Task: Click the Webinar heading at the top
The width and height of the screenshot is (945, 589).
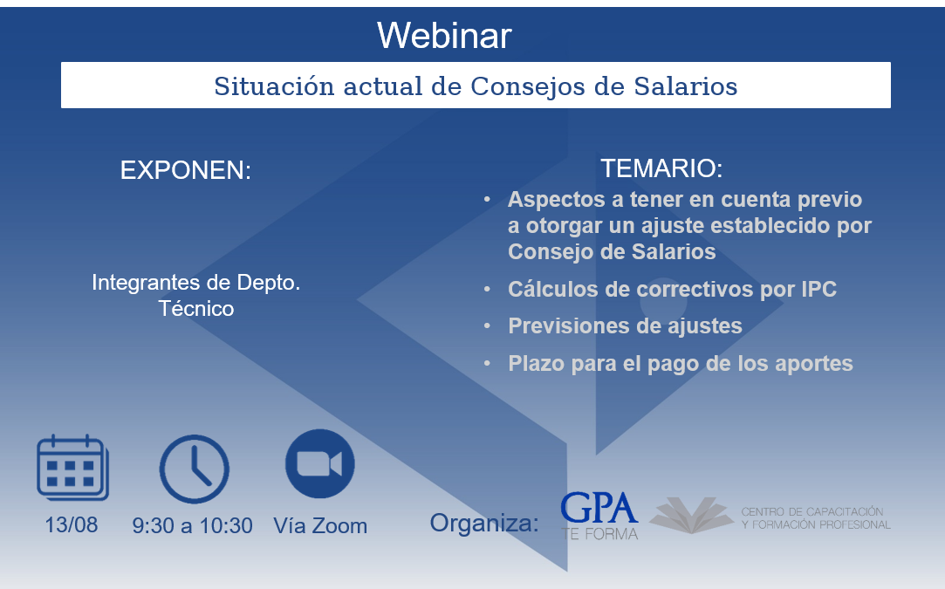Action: point(444,36)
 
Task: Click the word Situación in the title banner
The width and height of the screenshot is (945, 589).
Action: point(274,86)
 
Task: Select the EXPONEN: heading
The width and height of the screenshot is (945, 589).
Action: point(186,171)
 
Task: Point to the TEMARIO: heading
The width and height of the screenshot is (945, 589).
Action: point(661,168)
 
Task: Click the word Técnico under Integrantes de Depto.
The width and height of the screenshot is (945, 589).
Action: point(196,309)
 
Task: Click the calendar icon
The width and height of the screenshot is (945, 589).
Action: point(73,468)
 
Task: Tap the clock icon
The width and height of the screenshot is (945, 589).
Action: point(194,469)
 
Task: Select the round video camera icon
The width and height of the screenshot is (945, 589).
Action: point(320,463)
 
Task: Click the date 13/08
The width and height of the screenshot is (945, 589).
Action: point(72,525)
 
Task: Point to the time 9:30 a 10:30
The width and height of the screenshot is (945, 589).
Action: point(192,525)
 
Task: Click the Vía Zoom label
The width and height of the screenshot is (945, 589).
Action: point(320,525)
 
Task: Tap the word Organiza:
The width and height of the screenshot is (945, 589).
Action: point(484,523)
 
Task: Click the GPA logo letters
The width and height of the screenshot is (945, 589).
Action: point(599,508)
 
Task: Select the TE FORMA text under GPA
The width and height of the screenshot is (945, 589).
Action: point(599,534)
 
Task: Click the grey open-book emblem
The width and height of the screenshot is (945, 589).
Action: point(691,515)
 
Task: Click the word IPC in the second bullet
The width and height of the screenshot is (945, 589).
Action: point(818,290)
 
